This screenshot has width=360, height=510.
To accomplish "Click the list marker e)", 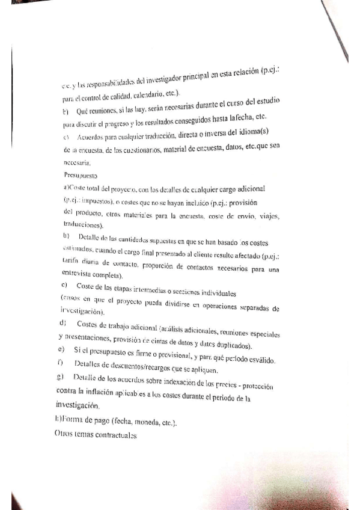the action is click(63, 349).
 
